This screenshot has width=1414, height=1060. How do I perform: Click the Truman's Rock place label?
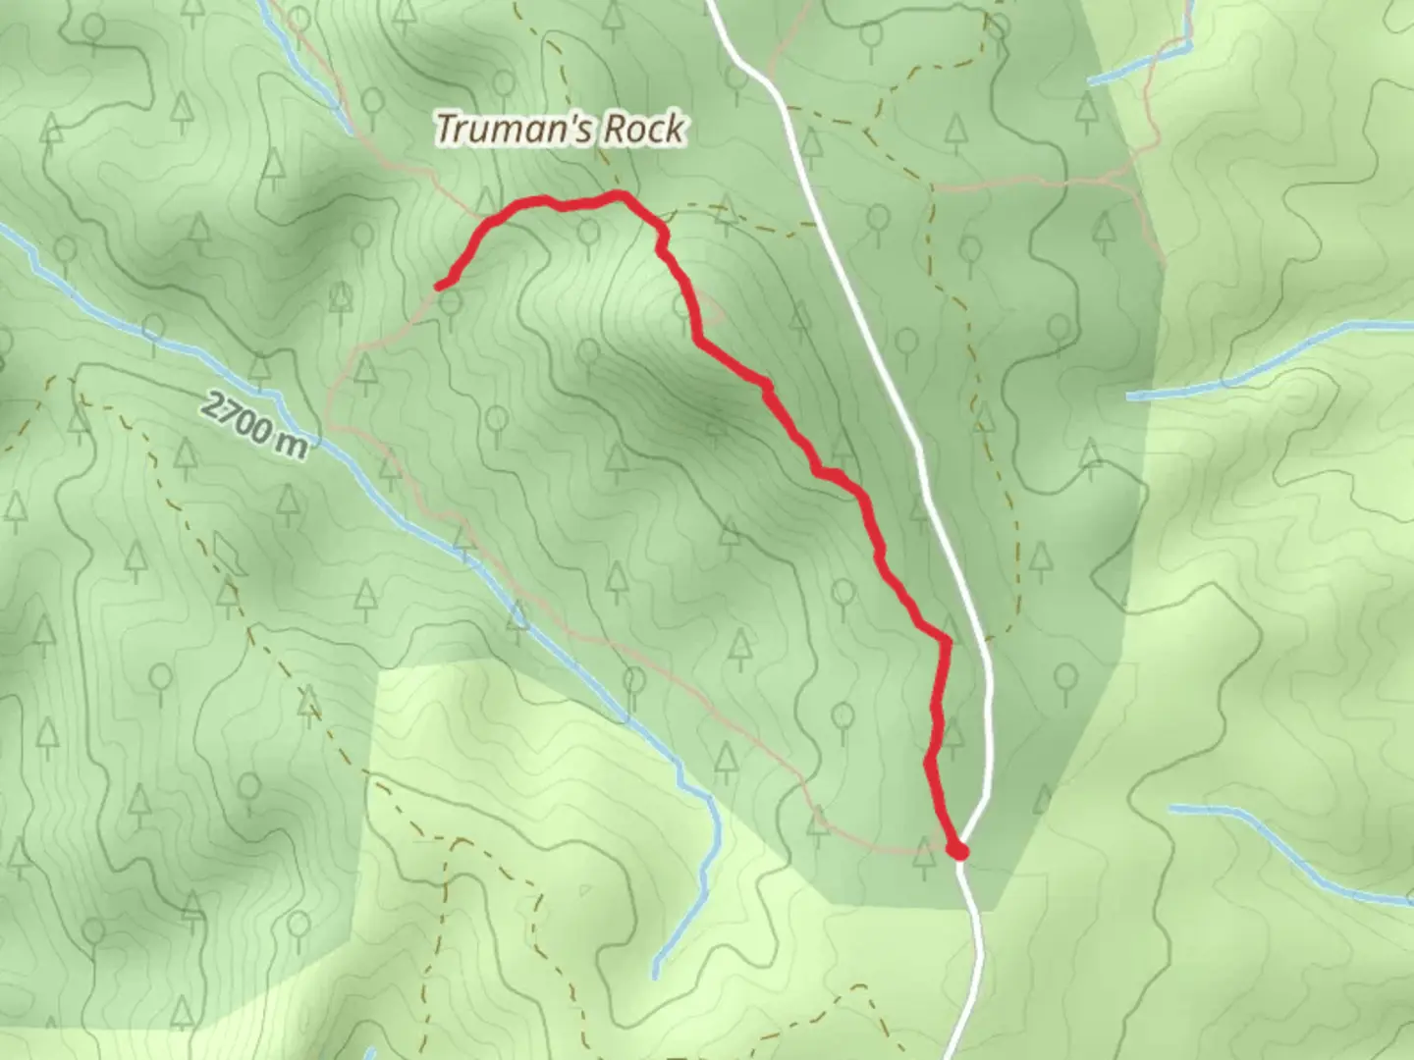(560, 129)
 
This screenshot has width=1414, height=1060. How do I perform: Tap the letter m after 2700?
(292, 444)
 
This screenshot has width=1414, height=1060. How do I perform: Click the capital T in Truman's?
(448, 129)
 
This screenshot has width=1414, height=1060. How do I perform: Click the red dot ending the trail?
(959, 851)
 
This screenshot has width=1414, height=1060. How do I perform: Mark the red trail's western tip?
(439, 287)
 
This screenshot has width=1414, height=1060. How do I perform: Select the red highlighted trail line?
(786, 412)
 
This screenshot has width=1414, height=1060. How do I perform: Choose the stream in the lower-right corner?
(1277, 849)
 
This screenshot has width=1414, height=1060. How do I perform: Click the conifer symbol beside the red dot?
(923, 856)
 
